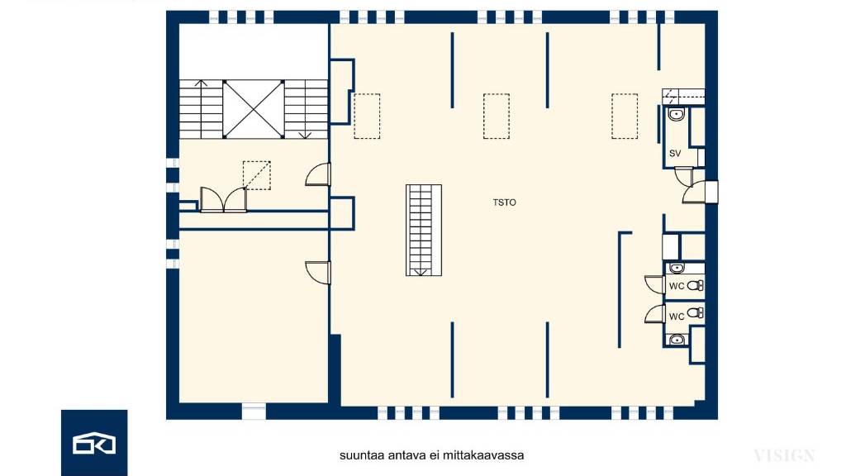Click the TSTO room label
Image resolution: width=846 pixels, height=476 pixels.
[504, 202]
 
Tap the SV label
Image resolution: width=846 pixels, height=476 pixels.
[674, 153]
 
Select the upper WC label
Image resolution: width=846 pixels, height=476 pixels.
[677, 286]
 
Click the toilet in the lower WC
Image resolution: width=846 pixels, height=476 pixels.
[696, 312]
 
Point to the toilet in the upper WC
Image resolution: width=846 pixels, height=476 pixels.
[696, 285]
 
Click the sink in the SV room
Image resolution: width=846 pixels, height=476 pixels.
[676, 114]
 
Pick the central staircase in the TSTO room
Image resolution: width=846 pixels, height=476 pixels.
[424, 231]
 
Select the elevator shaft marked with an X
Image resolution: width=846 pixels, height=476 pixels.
[253, 109]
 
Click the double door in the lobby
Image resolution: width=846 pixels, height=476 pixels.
[223, 200]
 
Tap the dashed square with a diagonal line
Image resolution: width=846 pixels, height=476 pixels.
[257, 175]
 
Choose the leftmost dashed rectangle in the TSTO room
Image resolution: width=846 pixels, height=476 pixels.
[367, 116]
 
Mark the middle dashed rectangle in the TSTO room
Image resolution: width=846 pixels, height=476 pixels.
[497, 116]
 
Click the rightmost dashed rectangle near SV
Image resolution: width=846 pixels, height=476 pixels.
[625, 116]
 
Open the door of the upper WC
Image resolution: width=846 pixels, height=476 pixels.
[655, 284]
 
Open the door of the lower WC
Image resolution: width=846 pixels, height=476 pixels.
[655, 313]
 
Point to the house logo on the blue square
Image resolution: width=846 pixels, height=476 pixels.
[94, 443]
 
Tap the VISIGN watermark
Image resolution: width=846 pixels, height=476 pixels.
[784, 456]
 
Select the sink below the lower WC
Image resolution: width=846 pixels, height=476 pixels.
[677, 340]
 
